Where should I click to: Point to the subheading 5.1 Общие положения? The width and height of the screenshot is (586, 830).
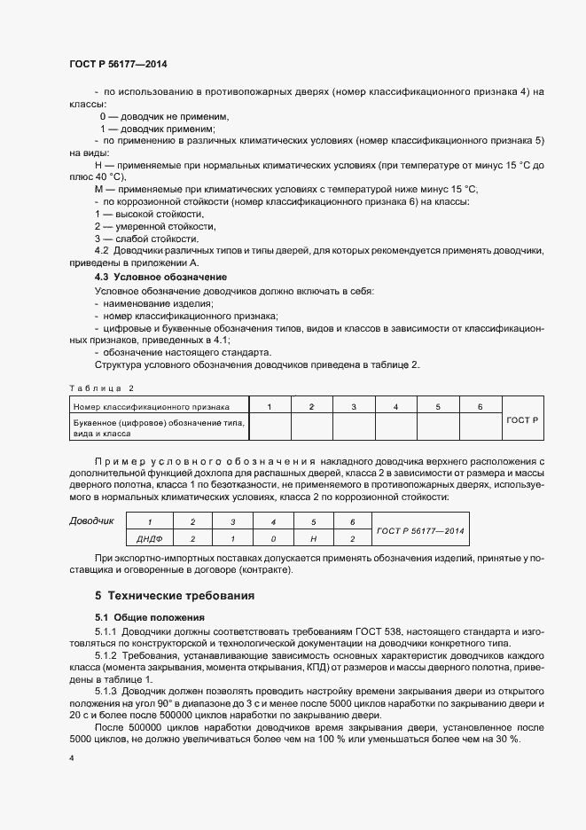pyautogui.click(x=149, y=616)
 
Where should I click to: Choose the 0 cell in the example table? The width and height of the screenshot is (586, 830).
pyautogui.click(x=273, y=538)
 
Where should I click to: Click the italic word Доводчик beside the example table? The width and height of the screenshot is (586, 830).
pyautogui.click(x=91, y=521)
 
